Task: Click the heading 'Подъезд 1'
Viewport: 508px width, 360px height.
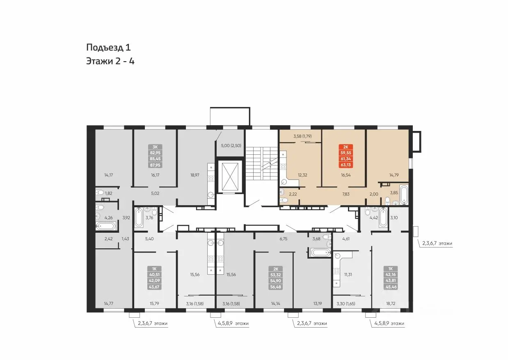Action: [x=108, y=47]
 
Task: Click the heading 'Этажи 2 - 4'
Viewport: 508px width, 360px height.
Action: [x=110, y=61]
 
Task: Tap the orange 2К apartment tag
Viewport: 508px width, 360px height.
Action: [x=346, y=156]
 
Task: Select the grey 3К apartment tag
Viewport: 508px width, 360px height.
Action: [x=155, y=156]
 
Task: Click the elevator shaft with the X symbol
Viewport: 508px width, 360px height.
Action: [x=230, y=176]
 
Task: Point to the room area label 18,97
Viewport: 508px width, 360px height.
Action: [x=195, y=175]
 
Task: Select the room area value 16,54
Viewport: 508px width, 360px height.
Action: [x=346, y=175]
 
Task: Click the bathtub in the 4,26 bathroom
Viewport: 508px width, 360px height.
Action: [x=105, y=226]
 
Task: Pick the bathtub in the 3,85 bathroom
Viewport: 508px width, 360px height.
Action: [x=404, y=195]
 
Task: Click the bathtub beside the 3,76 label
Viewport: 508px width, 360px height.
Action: [x=139, y=218]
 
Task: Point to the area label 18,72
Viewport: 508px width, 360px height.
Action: [x=391, y=303]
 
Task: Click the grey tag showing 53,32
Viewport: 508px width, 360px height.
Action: [x=276, y=278]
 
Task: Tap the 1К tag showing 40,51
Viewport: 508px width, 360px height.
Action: [x=154, y=277]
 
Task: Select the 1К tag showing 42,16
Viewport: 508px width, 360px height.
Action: [x=391, y=277]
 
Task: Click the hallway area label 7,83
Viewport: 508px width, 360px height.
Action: [x=346, y=194]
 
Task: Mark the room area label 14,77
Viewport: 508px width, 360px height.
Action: [x=108, y=303]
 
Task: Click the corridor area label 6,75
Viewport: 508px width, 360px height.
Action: [x=284, y=238]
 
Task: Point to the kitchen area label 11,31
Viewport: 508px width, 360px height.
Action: [x=348, y=275]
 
